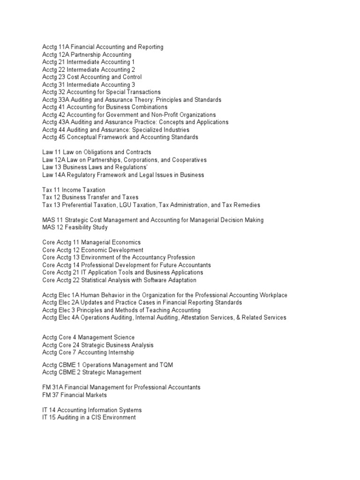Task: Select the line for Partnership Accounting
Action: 87,54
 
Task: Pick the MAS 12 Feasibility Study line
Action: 75,227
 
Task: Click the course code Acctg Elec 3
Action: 60,310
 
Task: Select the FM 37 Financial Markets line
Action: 75,395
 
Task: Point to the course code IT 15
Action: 48,417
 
